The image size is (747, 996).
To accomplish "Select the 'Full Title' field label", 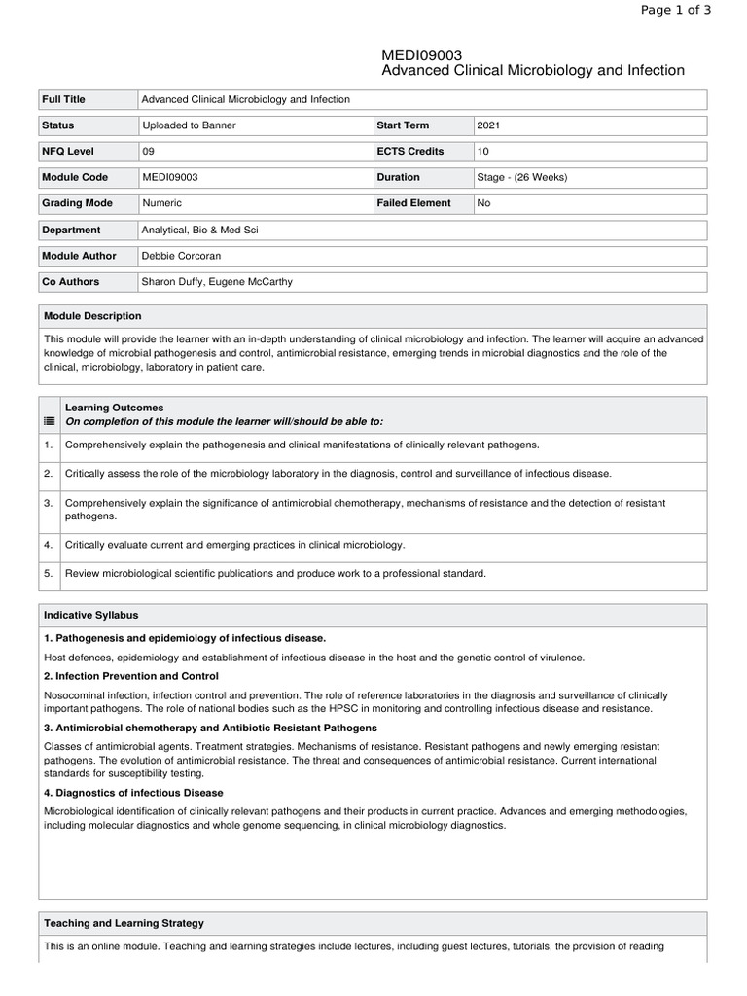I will point(63,99).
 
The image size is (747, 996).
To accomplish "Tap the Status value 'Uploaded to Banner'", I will point(189,125).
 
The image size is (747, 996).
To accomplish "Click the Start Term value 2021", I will point(489,125).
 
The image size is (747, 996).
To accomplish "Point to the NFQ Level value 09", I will point(148,152).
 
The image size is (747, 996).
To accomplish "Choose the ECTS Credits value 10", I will point(483,152).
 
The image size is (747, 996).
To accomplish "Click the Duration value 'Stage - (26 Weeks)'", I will point(522,177).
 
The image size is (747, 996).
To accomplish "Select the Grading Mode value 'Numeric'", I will point(161,203).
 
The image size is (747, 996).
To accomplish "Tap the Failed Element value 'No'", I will point(484,203).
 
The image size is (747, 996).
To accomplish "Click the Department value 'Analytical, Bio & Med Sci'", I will point(200,230).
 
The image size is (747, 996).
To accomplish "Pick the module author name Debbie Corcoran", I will point(183,256).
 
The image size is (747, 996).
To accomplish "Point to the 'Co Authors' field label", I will point(70,281).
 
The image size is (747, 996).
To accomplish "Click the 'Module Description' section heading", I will point(92,316).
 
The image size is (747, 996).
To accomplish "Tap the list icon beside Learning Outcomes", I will point(49,421).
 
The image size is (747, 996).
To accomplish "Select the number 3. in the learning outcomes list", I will point(48,503).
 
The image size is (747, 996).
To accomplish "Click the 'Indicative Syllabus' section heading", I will point(91,615).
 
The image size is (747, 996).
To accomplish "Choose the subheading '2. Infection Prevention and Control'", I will point(131,675).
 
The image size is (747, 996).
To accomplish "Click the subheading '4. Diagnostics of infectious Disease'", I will point(133,792).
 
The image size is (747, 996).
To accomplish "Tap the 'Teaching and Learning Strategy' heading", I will point(124,922).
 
